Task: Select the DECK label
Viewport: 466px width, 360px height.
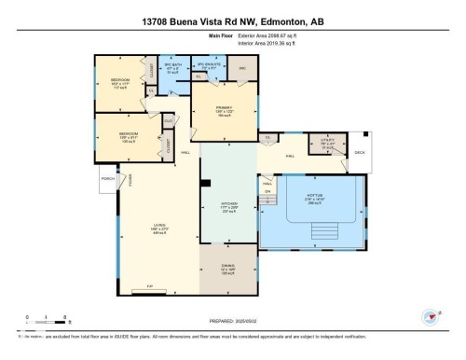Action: pyautogui.click(x=360, y=154)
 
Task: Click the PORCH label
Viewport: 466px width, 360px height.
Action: pyautogui.click(x=108, y=178)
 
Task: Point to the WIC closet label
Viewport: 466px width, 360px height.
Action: pyautogui.click(x=241, y=69)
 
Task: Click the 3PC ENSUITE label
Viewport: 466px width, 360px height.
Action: pyautogui.click(x=209, y=67)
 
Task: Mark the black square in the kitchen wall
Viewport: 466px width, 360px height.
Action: pyautogui.click(x=207, y=184)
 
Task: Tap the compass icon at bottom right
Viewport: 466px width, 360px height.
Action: pyautogui.click(x=431, y=315)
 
